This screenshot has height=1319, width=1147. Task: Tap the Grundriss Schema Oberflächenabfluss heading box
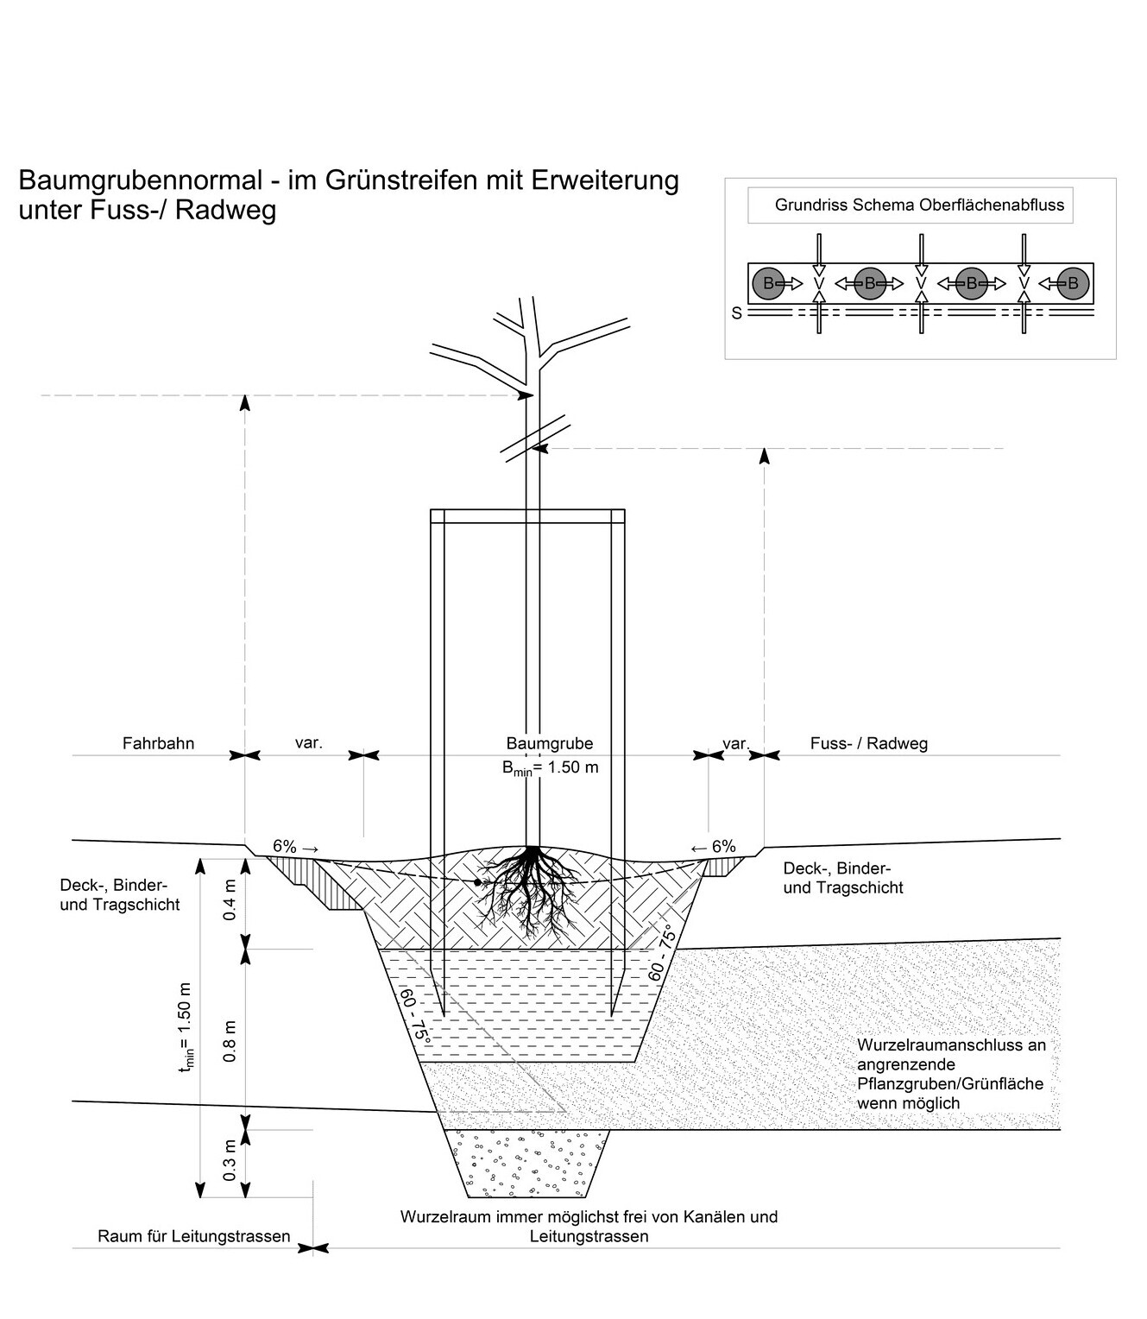click(918, 206)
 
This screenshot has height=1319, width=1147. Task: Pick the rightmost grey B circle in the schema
click(1073, 283)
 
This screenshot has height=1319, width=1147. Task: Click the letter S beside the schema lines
click(736, 313)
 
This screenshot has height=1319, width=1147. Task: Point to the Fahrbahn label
click(158, 743)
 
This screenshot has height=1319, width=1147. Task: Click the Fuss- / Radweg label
click(868, 743)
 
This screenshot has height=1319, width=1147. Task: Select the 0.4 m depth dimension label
click(230, 900)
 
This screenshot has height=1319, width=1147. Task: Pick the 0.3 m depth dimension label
click(230, 1161)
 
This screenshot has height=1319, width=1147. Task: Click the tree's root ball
click(528, 889)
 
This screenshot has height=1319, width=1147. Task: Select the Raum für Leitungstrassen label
click(194, 1236)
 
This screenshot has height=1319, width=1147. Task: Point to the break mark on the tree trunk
click(535, 437)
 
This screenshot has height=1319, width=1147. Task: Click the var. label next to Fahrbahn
click(308, 742)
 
